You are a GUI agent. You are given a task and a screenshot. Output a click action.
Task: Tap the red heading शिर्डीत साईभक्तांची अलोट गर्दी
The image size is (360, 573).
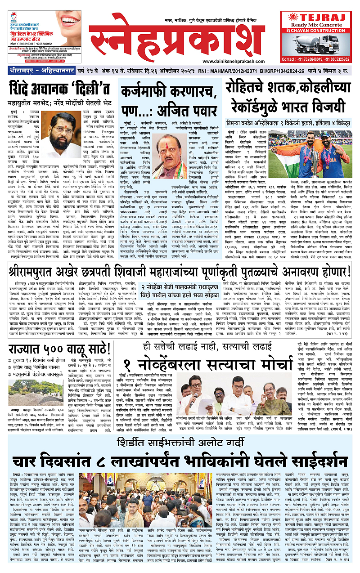(x=180, y=430)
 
